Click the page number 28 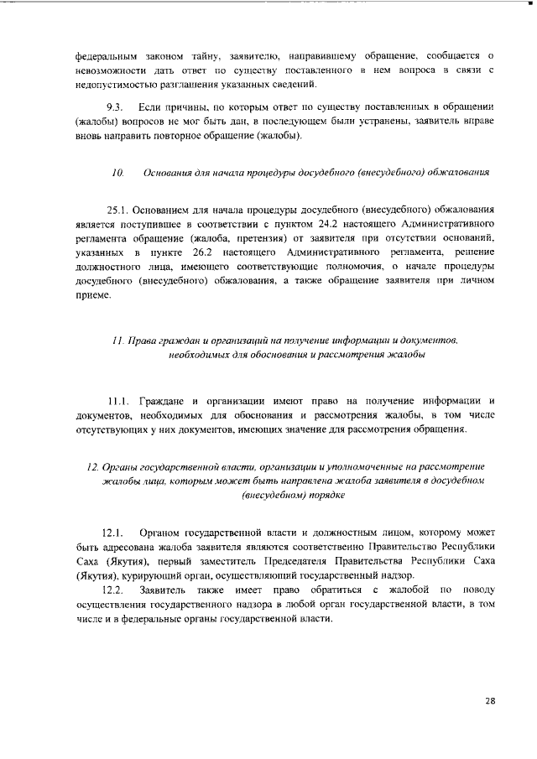click(x=491, y=700)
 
